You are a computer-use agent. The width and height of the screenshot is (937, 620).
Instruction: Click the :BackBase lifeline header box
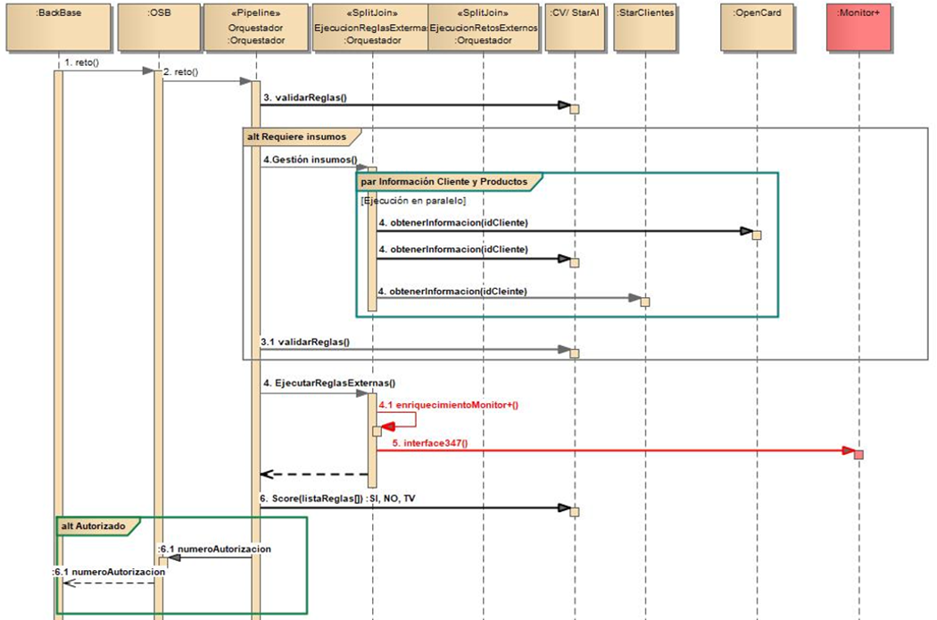pos(60,27)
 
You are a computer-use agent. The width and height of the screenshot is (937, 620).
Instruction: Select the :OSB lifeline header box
pos(158,27)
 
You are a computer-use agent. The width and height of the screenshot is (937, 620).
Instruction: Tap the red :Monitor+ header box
pos(858,27)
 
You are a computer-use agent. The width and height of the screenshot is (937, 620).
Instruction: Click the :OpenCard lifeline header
pos(756,27)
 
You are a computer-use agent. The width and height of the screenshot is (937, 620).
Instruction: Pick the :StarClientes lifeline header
pos(644,27)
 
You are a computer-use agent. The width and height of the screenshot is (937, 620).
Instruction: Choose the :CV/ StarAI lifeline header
pos(574,27)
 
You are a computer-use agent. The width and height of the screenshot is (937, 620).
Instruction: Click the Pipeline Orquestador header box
pos(255,27)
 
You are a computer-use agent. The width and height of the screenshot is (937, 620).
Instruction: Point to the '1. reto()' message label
pos(81,63)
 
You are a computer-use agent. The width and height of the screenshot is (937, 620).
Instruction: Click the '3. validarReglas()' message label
pos(304,96)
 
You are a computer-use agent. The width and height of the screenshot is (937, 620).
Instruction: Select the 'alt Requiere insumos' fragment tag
pos(297,136)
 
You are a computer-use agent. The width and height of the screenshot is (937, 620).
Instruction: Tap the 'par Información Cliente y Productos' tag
pos(444,181)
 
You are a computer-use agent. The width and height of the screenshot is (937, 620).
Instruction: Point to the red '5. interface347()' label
pos(430,442)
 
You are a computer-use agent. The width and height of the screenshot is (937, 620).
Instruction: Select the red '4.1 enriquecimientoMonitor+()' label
pos(448,405)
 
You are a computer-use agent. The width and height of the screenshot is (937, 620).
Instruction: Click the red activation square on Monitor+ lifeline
pos(858,455)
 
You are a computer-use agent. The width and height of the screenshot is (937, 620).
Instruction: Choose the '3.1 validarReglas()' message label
pos(305,341)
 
